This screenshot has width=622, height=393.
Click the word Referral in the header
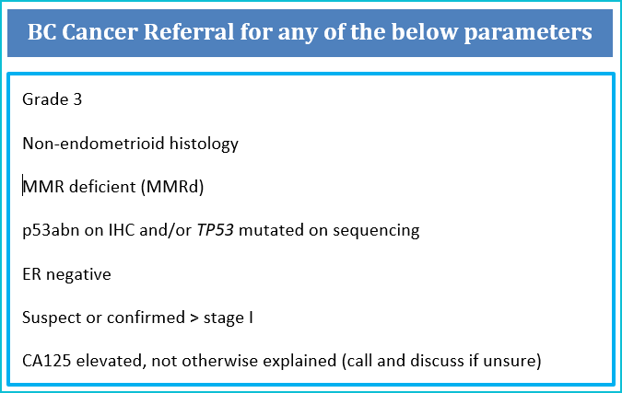(188, 31)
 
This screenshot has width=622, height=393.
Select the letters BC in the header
(41, 31)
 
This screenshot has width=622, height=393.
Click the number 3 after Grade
(77, 99)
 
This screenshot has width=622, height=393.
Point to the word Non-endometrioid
(93, 144)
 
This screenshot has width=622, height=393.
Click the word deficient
(102, 187)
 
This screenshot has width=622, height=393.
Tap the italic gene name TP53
(216, 230)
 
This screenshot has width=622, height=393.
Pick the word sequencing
(376, 231)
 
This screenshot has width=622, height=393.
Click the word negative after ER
(78, 274)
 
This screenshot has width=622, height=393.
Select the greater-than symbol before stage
(194, 318)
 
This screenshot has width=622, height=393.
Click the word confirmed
(146, 318)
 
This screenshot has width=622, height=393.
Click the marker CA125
(47, 361)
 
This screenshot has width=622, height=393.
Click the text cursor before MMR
(23, 185)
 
